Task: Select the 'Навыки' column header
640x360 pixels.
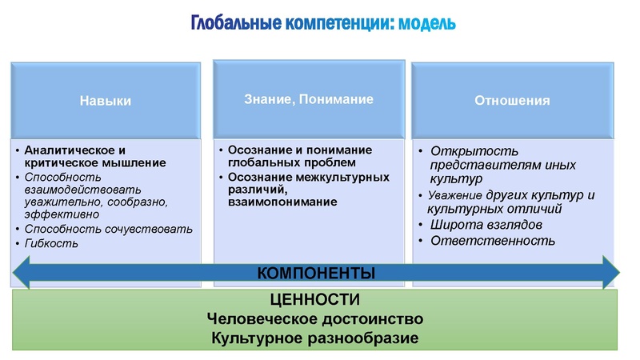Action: [105, 101]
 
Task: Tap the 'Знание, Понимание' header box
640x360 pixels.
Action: [309, 99]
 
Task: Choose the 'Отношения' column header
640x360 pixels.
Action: [513, 100]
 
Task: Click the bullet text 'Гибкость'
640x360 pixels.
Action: [51, 242]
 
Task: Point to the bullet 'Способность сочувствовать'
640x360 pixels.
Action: [109, 229]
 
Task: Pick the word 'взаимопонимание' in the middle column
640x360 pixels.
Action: [282, 202]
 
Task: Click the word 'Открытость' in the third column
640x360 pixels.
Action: [475, 150]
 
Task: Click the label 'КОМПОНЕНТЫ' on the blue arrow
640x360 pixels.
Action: [316, 273]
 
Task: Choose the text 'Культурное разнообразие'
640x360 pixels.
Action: [315, 338]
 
